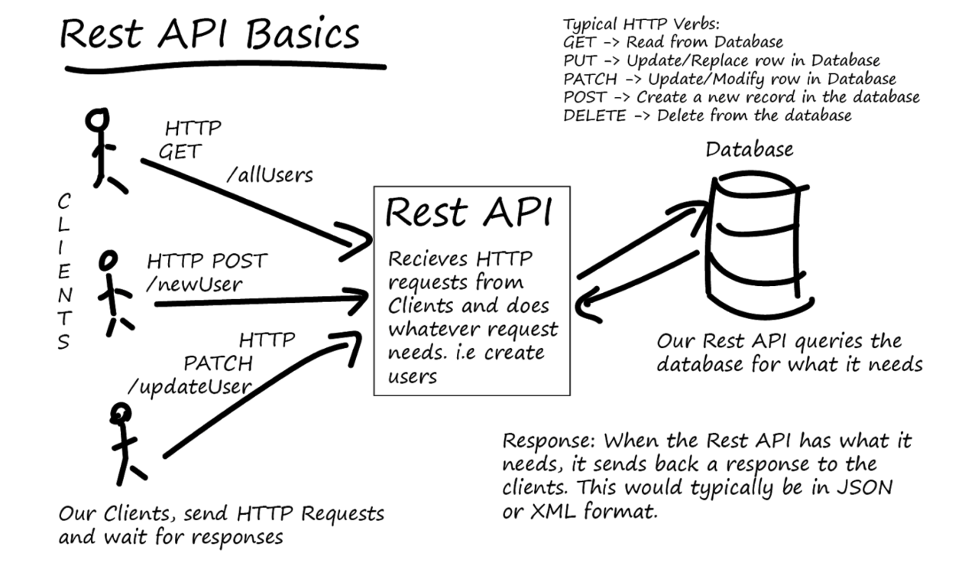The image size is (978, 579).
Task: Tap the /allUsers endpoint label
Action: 270,175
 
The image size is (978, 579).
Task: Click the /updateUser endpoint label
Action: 189,385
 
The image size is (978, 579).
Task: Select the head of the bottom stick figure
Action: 120,414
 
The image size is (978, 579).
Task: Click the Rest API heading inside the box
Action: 467,212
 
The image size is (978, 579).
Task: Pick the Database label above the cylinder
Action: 749,148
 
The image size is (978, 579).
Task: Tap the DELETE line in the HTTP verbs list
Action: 707,116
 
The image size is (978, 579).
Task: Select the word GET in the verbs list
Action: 578,42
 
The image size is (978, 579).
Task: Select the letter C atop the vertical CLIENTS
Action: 64,203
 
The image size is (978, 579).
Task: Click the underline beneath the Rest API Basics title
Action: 225,68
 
